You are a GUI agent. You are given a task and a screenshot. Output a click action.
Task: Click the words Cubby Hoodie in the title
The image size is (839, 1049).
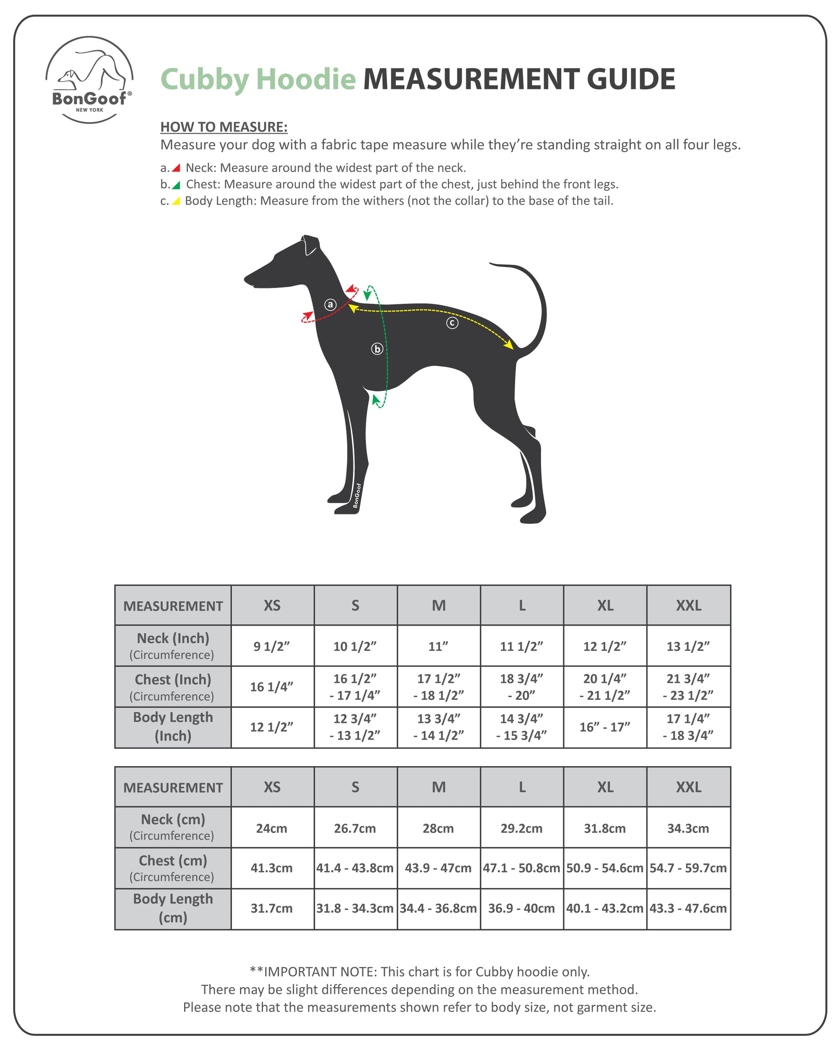[x=258, y=79]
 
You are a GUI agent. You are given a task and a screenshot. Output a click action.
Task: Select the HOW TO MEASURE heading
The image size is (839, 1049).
[x=224, y=127]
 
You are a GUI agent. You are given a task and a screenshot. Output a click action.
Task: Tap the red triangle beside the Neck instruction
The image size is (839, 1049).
[x=177, y=168]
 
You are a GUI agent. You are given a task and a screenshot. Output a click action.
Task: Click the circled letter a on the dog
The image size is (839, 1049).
[x=330, y=304]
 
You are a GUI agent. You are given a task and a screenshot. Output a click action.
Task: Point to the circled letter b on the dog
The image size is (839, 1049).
[x=377, y=349]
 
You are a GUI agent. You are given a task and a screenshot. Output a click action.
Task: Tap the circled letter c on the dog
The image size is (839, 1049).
[x=452, y=323]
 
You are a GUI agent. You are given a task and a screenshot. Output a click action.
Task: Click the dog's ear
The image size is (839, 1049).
[x=310, y=246]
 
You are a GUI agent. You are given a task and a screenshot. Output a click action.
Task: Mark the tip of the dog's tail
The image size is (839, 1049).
[x=491, y=264]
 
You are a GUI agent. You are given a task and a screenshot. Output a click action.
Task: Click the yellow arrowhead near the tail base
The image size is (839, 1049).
[x=509, y=345]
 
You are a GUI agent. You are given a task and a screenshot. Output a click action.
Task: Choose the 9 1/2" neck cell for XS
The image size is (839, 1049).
[x=272, y=646]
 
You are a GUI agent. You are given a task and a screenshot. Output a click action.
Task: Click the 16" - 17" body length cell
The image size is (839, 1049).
[x=605, y=727]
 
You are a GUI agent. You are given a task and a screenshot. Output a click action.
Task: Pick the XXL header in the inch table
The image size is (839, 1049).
[x=689, y=605]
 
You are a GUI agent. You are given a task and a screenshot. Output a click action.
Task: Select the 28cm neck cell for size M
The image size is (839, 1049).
[x=438, y=828]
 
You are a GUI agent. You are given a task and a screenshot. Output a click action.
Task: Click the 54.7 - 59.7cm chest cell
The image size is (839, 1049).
[x=688, y=868]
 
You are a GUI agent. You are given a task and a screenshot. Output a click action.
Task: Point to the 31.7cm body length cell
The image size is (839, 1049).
[x=272, y=908]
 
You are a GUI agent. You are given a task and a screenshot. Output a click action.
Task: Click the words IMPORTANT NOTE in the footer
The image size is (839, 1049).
[x=320, y=972]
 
